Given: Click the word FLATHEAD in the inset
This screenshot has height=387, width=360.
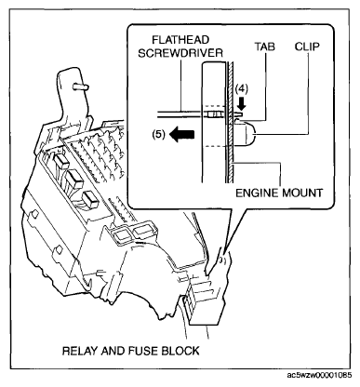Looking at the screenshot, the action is (x=180, y=40).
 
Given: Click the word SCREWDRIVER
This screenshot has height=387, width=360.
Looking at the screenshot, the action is (x=180, y=53).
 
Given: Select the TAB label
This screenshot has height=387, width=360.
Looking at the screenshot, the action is (x=265, y=47).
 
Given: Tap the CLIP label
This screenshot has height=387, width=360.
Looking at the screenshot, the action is (x=307, y=47).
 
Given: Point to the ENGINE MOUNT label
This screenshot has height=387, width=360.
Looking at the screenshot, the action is (x=279, y=193).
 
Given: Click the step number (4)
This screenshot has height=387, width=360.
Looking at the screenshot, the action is (x=241, y=89).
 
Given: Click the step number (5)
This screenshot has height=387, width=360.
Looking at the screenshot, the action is (x=159, y=135).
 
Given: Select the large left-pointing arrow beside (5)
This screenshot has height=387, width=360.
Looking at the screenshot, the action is (x=182, y=135).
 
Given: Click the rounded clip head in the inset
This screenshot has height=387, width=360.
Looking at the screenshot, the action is (x=246, y=134).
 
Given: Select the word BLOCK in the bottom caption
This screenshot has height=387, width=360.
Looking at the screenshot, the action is (x=180, y=351).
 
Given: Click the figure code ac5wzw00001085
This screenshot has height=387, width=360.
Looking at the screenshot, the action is (x=319, y=375).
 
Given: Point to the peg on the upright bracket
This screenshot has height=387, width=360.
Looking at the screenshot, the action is (x=80, y=87).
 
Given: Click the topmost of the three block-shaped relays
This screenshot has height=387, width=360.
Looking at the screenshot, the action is (x=61, y=161).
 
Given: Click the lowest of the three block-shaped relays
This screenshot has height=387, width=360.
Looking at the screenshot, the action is (x=90, y=198).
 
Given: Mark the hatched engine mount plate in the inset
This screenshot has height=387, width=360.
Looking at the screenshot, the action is (x=230, y=122).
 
